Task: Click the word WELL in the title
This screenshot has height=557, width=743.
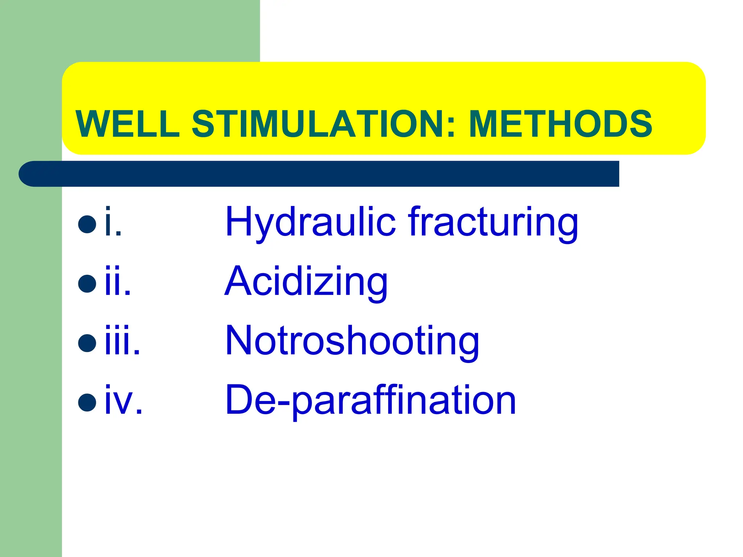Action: coord(128,124)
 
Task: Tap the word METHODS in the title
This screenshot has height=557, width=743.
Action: coord(561,124)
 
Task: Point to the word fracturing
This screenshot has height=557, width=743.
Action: coord(493,222)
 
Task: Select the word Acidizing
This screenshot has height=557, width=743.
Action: coord(306,282)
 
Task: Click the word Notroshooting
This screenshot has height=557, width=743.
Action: coord(352,341)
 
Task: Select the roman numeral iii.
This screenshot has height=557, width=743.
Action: coord(122,341)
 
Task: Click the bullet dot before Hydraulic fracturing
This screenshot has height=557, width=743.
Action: coord(87,224)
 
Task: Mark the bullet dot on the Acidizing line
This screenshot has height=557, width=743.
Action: coord(87,284)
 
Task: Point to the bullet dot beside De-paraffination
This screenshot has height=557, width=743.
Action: coord(87,402)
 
